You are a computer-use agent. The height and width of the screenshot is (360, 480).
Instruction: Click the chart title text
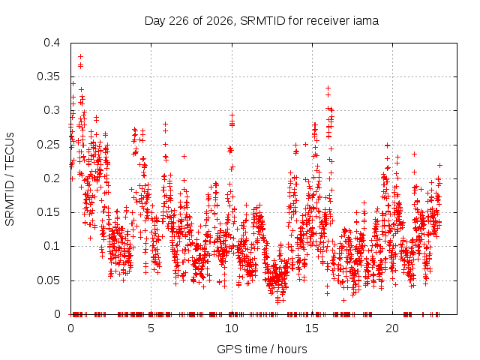point(262,21)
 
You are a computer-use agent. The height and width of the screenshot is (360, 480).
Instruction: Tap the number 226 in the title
point(179,21)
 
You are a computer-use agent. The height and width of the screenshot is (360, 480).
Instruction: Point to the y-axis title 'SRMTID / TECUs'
point(10,179)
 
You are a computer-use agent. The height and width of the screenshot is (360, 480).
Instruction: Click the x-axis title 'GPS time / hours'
point(262,349)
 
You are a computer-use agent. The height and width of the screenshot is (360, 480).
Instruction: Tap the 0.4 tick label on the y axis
point(52,43)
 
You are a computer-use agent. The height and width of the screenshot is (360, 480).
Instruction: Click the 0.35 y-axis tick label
point(48,76)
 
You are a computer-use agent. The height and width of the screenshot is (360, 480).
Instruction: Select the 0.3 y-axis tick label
point(52,110)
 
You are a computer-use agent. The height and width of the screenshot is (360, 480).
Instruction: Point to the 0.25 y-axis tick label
point(48,145)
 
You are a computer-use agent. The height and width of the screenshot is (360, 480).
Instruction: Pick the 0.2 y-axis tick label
point(52,178)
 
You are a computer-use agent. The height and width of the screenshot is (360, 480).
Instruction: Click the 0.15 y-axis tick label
point(48,212)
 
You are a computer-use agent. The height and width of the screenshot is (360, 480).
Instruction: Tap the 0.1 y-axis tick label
point(52,246)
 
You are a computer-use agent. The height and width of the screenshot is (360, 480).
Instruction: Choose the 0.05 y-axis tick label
point(48,280)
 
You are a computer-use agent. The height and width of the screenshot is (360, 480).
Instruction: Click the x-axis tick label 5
point(151,328)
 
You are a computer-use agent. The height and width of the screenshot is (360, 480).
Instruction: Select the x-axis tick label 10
point(232,328)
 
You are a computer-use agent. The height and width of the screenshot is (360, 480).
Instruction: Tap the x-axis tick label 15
point(312,328)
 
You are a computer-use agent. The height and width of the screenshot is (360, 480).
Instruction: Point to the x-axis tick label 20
point(392,328)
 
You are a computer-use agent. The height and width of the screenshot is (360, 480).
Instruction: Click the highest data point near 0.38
point(81,57)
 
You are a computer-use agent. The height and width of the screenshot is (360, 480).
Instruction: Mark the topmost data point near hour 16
point(328,88)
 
